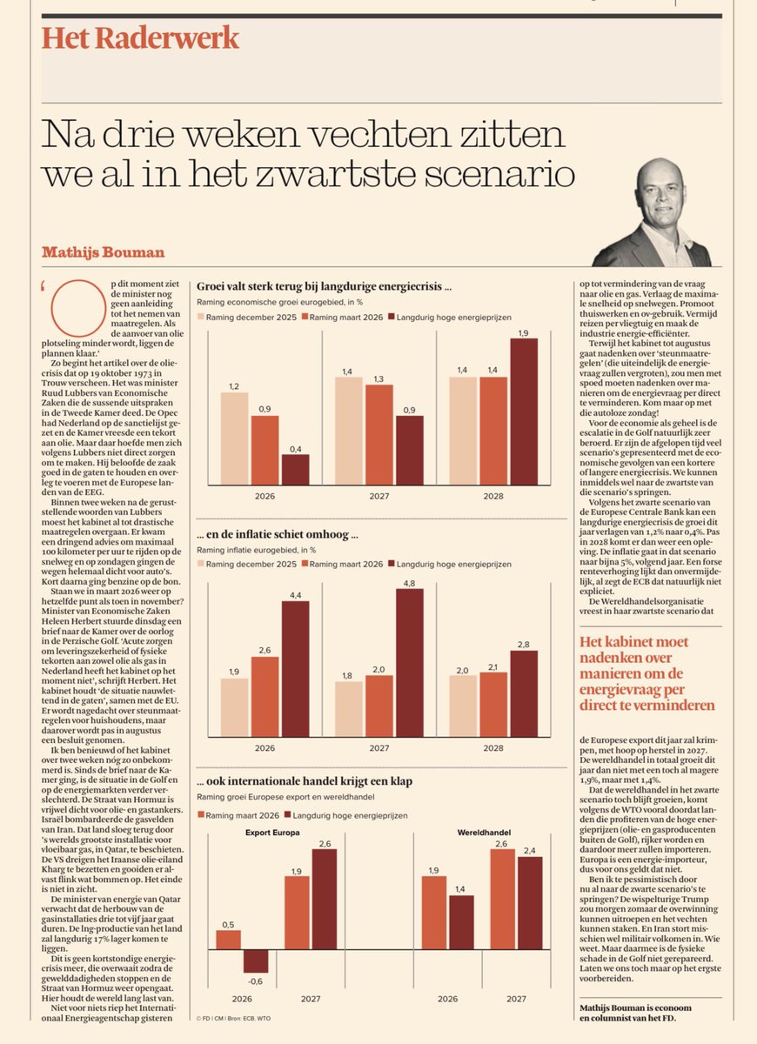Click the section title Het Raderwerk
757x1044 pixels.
coord(140,38)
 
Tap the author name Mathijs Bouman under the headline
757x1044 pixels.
coord(103,252)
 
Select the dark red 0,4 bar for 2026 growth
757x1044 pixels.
coord(295,469)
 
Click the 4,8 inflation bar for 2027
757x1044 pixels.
coord(410,663)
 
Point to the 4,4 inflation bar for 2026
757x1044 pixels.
coord(295,669)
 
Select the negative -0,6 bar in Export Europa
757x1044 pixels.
coord(256,960)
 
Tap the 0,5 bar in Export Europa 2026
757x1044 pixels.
coord(228,940)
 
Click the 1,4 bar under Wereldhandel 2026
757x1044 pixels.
coord(461,921)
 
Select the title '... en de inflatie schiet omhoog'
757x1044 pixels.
coord(278,535)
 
